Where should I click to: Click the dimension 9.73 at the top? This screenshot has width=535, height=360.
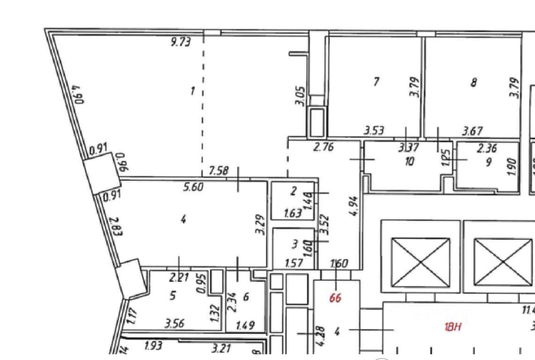click(181, 42)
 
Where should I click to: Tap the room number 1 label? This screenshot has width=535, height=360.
click(193, 90)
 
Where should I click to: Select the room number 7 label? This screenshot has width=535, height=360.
click(376, 81)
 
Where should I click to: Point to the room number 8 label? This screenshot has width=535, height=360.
click(474, 82)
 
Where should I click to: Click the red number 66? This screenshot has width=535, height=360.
click(335, 298)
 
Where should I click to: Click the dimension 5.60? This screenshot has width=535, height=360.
click(193, 187)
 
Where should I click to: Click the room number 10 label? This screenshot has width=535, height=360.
click(410, 161)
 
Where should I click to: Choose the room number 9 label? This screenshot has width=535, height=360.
click(488, 162)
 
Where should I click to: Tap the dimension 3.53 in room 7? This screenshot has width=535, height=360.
click(374, 131)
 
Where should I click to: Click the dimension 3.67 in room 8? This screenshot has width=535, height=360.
click(472, 131)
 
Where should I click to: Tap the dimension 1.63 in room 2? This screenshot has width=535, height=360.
click(293, 213)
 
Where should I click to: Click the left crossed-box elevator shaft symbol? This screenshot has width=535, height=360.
click(420, 262)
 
